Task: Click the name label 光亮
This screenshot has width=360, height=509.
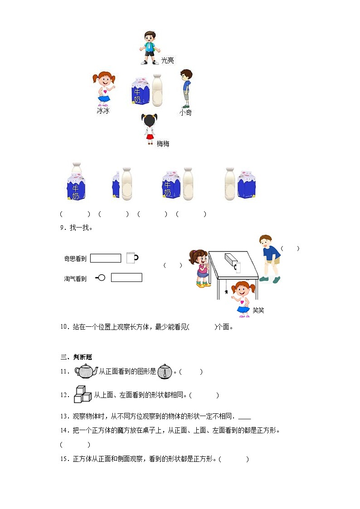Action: tap(167, 60)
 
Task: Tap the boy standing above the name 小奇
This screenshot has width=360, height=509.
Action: tap(185, 88)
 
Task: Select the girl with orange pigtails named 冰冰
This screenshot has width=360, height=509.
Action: tap(104, 88)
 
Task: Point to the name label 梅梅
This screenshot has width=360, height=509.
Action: tap(163, 144)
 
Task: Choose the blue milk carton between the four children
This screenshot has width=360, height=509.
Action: tap(140, 91)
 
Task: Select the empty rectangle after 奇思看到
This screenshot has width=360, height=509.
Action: tap(106, 258)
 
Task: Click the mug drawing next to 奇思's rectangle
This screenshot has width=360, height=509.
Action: tap(132, 258)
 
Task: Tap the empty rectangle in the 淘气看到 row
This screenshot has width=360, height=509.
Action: tap(126, 277)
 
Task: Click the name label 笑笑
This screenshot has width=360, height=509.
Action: tap(258, 310)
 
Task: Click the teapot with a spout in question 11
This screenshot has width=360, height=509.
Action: tap(86, 371)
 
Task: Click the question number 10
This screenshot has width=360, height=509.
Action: tap(64, 326)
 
